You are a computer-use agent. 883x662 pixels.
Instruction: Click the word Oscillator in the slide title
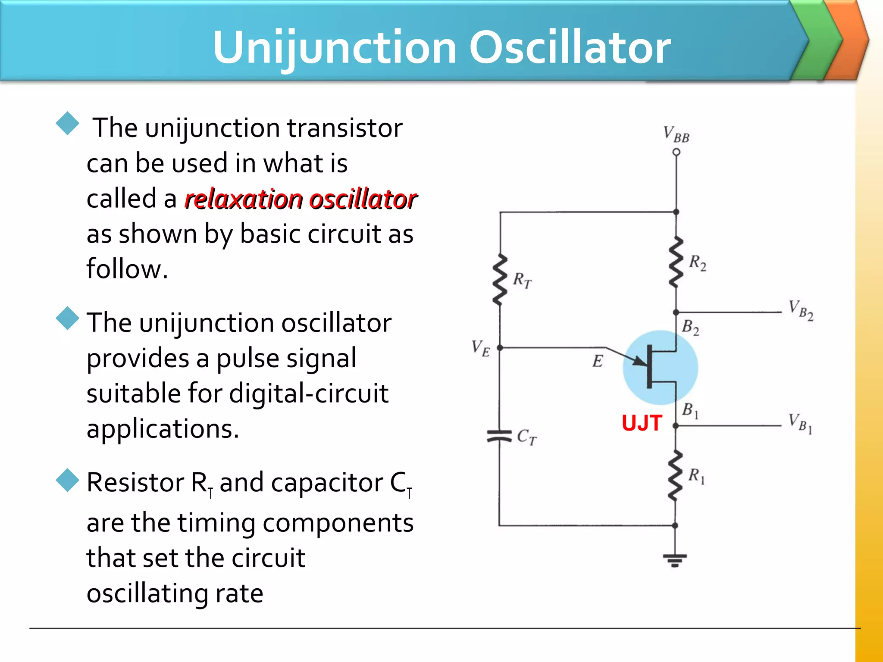(x=570, y=47)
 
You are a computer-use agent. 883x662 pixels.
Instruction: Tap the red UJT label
(x=642, y=423)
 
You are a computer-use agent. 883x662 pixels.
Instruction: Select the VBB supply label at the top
(x=676, y=134)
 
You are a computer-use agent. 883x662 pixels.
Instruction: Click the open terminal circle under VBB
(x=676, y=152)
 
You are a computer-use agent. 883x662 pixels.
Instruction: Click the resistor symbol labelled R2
(x=676, y=262)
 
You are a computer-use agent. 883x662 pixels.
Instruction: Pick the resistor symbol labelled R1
(x=675, y=475)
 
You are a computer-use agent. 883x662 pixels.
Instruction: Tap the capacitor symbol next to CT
(x=499, y=436)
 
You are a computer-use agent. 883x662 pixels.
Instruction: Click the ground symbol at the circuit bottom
(x=675, y=560)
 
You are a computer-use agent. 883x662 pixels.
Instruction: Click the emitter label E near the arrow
(x=598, y=361)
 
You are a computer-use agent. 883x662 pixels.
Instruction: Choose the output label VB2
(x=801, y=310)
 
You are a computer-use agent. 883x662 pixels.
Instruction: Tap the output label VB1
(x=800, y=423)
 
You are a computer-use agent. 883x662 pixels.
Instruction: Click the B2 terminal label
(x=690, y=327)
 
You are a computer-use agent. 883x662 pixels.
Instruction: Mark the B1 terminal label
(x=690, y=410)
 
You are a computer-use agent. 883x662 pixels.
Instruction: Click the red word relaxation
(x=244, y=200)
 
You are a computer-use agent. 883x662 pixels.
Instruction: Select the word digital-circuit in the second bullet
(x=309, y=393)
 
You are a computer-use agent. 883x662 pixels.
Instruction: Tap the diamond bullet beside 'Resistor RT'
(x=68, y=480)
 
